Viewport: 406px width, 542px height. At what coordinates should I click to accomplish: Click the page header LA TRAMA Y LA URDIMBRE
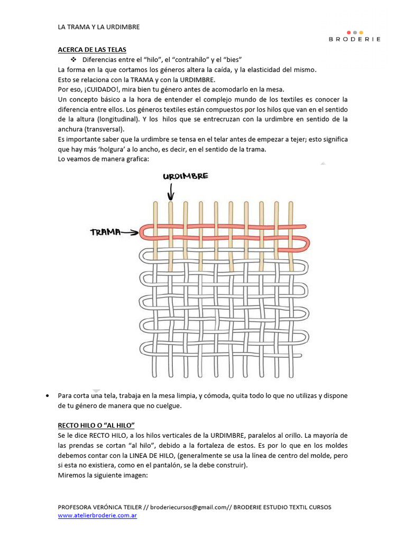pos(98,27)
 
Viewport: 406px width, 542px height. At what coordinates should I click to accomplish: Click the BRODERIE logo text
pos(354,39)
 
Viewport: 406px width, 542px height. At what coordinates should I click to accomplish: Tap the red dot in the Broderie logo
pos(348,32)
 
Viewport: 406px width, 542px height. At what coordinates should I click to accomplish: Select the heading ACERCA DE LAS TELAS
pos(92,50)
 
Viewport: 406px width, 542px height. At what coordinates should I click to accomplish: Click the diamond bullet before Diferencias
pos(73,60)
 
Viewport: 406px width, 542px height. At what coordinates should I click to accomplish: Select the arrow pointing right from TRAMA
pos(130,232)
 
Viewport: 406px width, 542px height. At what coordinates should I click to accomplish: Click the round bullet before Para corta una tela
pos(49,396)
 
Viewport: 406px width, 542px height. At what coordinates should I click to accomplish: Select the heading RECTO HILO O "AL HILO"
pos(96,425)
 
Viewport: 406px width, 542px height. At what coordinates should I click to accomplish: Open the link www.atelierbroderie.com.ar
pos(97,515)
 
